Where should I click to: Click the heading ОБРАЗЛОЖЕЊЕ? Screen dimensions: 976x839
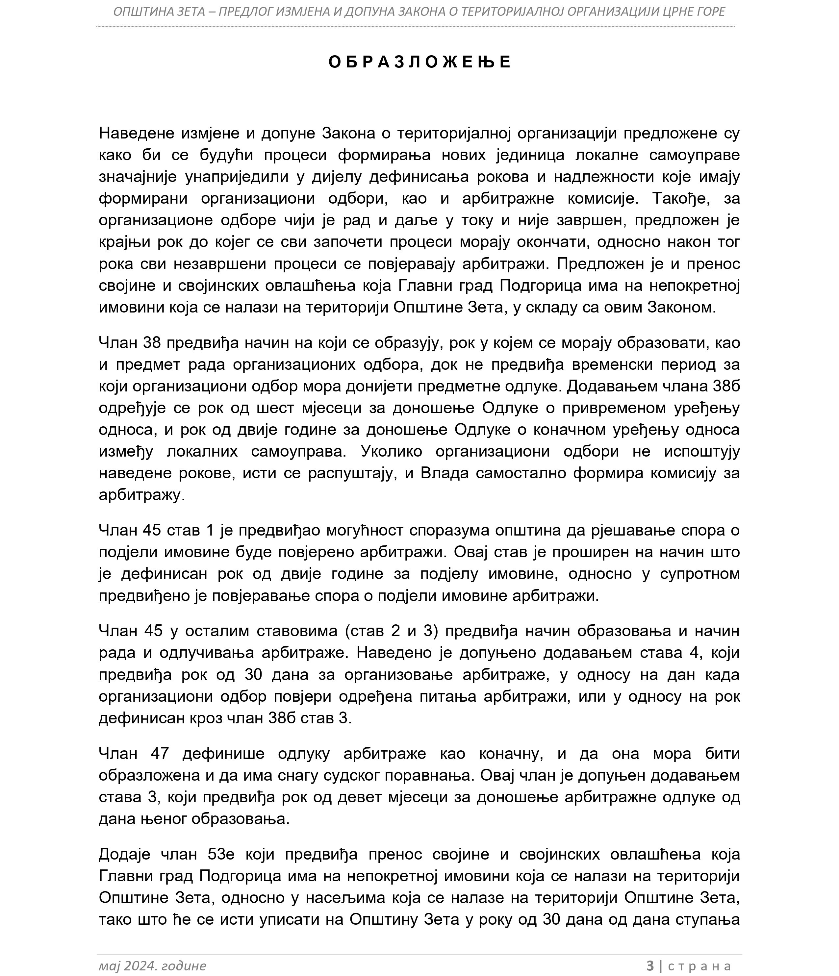pyautogui.click(x=419, y=62)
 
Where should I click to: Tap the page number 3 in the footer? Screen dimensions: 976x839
pyautogui.click(x=650, y=965)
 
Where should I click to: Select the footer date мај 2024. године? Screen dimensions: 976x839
pyautogui.click(x=152, y=965)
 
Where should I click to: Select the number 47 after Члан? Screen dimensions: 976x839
pyautogui.click(x=160, y=754)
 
